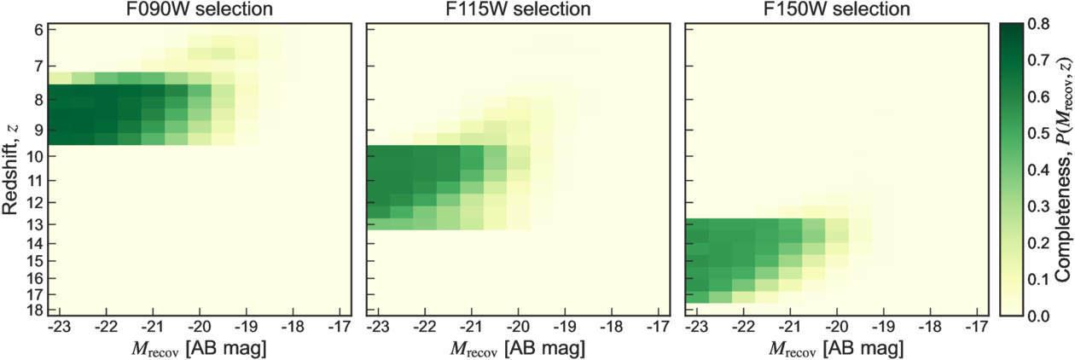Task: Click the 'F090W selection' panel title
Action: click(199, 9)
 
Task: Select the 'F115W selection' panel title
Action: click(518, 9)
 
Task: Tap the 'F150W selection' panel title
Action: click(836, 9)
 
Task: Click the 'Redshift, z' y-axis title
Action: click(10, 169)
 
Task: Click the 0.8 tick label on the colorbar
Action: click(1038, 24)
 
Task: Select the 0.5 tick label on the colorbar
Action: click(1038, 133)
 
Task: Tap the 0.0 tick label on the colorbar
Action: click(1038, 316)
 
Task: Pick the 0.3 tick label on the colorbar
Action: click(1038, 206)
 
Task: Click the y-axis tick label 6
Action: click(38, 30)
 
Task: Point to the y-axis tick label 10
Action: click(33, 156)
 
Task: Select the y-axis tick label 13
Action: click(33, 224)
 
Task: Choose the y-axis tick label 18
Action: click(33, 310)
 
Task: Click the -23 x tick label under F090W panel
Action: click(60, 327)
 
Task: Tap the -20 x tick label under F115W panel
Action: click(518, 327)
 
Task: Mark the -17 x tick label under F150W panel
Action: click(977, 327)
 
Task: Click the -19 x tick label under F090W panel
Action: click(246, 327)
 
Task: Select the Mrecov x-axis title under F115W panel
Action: click(518, 348)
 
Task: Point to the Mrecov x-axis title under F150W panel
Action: click(836, 348)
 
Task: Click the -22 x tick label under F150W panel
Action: click(743, 327)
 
